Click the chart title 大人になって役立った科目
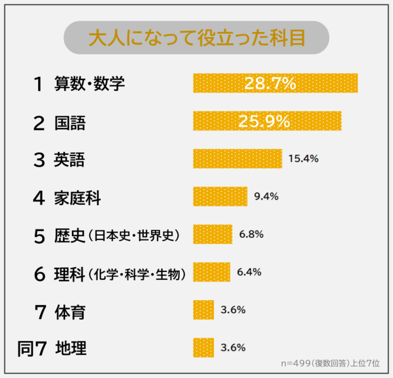(196, 38)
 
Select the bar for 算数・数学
(275, 83)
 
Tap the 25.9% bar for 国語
(267, 121)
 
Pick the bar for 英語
(237, 159)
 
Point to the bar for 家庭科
(220, 196)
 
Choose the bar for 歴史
(213, 234)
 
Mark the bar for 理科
(212, 272)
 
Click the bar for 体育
(203, 310)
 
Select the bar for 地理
(203, 348)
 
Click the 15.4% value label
(303, 159)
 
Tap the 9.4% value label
(266, 196)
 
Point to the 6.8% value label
(251, 234)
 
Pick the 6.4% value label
(249, 272)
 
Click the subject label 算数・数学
(89, 83)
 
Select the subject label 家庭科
(77, 198)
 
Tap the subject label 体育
(70, 312)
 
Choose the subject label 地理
(71, 348)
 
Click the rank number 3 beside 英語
(39, 160)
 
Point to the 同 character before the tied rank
(25, 349)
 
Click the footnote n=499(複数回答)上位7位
(330, 363)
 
